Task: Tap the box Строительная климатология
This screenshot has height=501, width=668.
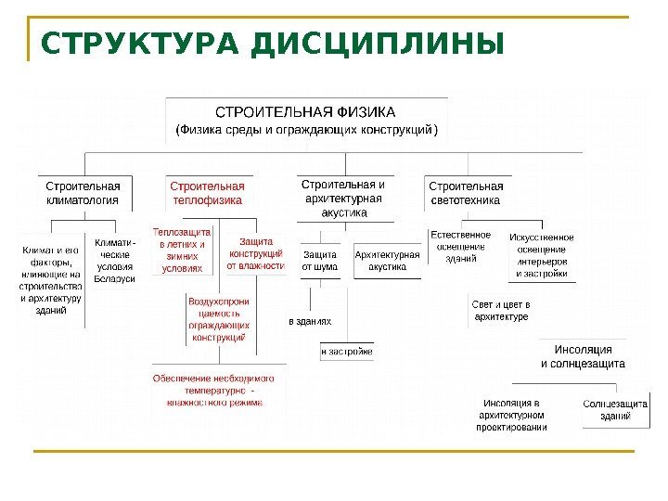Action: [83, 192]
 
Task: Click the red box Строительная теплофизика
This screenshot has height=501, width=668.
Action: [207, 192]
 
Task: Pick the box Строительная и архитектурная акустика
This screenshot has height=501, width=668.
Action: [343, 198]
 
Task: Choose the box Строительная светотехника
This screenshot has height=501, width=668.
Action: [466, 192]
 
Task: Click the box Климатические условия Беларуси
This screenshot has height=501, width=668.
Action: [115, 261]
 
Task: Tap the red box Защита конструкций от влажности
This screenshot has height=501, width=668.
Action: [255, 253]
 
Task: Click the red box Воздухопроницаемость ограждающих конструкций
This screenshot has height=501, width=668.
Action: [219, 320]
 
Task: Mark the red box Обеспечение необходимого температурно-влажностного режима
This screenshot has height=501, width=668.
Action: [220, 391]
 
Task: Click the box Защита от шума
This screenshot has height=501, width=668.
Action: [320, 260]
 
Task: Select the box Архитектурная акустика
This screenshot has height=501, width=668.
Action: [388, 260]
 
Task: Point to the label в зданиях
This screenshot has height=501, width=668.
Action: [310, 321]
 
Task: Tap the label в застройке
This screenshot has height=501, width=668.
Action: [347, 352]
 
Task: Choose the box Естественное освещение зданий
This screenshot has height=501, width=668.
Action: [460, 247]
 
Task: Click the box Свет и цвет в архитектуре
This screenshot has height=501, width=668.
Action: [501, 311]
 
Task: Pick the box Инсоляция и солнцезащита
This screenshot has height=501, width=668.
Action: [584, 356]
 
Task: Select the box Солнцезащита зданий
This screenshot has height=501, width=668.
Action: [614, 410]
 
